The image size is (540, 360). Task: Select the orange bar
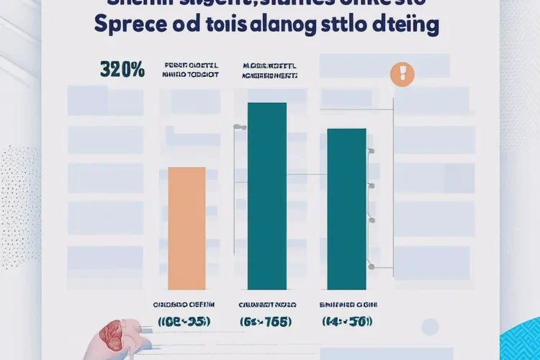186,228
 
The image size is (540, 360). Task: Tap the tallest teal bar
266,195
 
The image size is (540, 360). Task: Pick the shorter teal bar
346,208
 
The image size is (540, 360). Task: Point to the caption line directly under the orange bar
186,305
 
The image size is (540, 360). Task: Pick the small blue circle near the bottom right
431,328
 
